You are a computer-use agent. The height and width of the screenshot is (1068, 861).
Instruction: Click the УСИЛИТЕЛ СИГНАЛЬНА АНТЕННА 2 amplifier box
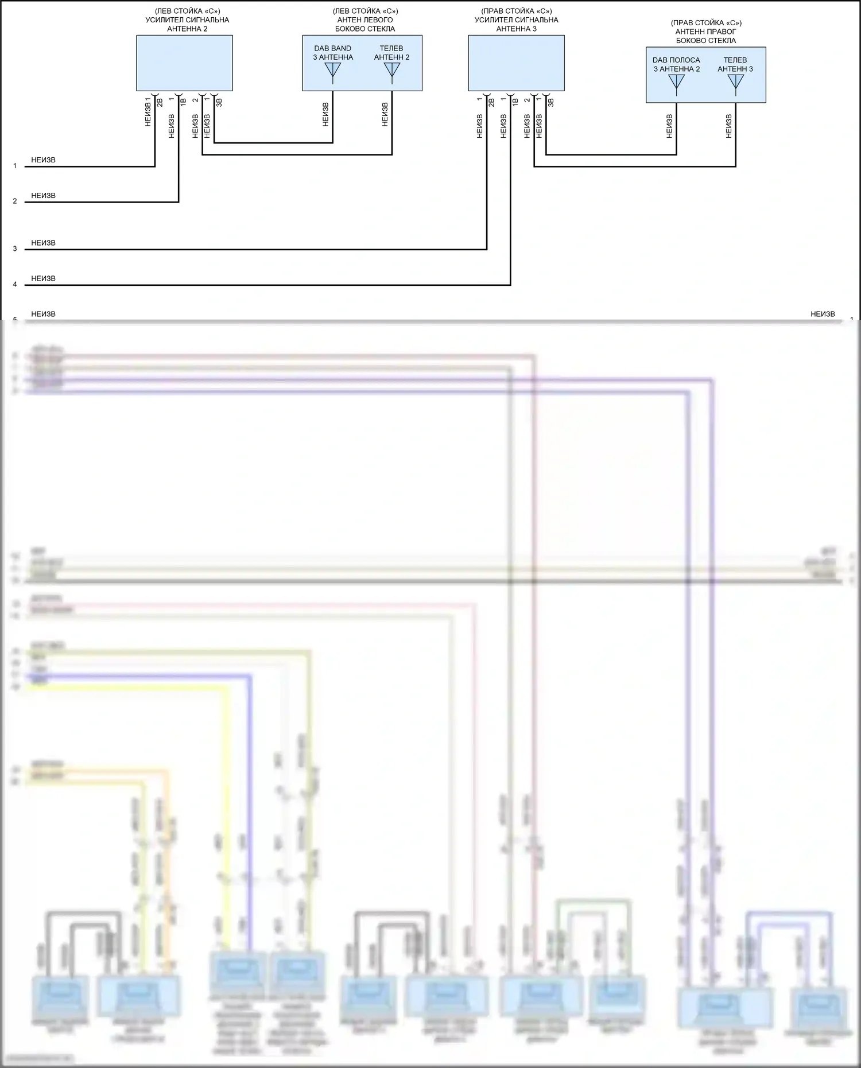pos(184,63)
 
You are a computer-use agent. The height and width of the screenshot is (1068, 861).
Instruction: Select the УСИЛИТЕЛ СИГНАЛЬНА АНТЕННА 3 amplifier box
pos(516,63)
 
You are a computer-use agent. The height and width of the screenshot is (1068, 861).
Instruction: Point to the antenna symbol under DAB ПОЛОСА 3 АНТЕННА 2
pos(677,82)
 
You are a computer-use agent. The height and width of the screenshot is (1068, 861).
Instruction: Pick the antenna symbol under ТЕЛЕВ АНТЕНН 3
pos(735,82)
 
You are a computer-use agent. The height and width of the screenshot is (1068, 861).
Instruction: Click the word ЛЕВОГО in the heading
pos(378,20)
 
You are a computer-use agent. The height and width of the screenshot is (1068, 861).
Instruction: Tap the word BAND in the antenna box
pos(341,49)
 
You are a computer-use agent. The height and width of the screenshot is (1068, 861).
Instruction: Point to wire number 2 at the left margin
pos(15,201)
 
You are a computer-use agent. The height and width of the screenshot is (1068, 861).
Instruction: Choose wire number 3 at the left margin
pos(15,249)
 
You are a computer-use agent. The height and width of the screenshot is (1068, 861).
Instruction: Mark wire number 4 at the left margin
pos(15,285)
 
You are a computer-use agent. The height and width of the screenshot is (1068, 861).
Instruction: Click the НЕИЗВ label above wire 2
pos(44,196)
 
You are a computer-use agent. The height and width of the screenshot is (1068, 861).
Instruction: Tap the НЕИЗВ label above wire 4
pos(44,279)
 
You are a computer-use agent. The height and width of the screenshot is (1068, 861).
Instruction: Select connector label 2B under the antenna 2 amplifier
pos(160,103)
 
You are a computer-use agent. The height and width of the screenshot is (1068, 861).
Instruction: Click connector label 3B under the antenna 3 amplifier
pos(550,103)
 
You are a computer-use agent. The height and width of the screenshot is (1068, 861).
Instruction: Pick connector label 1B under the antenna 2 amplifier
pos(183,103)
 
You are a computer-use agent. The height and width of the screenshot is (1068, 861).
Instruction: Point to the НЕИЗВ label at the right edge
pos(823,314)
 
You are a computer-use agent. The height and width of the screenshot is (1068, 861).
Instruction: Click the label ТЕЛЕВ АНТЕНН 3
pos(735,65)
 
